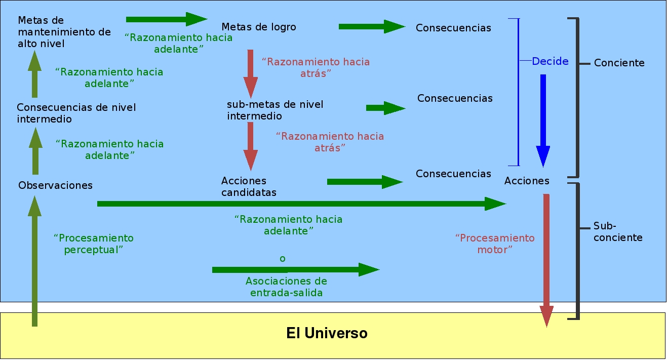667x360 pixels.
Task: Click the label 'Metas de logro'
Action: coord(259,27)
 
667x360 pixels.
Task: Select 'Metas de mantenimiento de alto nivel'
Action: coord(64,32)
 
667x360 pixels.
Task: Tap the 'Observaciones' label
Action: coord(55,185)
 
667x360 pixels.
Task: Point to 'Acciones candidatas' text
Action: coord(249,186)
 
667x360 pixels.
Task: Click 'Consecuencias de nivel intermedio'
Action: coord(76,113)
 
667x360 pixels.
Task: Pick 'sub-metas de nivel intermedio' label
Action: coord(275,110)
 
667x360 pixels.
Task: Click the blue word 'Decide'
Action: coord(550,61)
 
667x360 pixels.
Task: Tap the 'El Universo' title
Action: coord(327,334)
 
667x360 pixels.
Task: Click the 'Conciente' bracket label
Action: coord(619,63)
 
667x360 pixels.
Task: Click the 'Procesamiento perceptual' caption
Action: coord(94,244)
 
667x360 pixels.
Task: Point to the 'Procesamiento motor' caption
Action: coord(495,244)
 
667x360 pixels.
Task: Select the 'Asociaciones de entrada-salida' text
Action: coord(286,287)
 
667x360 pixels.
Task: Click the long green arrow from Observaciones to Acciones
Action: coord(301,204)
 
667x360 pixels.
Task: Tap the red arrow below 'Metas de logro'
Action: coord(251,73)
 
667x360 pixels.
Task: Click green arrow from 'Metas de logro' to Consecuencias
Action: coord(372,26)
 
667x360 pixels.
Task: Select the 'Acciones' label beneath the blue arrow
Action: coord(527,181)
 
